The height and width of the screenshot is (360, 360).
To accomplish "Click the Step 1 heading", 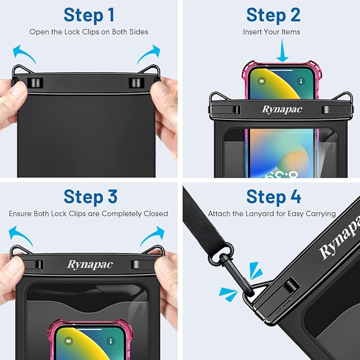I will point(89,15).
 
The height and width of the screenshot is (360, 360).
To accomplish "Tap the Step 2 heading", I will point(273,15).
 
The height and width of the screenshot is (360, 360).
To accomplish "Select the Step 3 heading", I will point(90,196).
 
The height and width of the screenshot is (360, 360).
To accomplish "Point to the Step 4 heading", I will point(274,196).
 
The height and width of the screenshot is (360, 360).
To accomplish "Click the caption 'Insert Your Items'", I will point(271,32).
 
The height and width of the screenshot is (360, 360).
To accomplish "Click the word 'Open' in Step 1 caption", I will point(39,32).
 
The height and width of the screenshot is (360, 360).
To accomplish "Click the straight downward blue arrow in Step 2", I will point(283,52).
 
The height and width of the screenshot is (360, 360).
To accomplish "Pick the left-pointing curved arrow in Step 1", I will point(24,54).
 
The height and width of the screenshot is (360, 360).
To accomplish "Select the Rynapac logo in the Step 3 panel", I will point(90,265).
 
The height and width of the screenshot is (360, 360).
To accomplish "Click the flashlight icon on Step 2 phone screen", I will point(300,81).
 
